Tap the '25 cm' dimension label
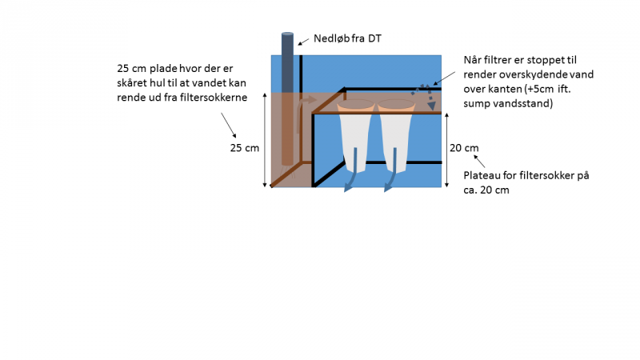(x=244, y=148)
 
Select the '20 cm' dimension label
(x=464, y=147)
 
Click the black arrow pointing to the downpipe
(x=303, y=42)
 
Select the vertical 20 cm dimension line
(x=446, y=149)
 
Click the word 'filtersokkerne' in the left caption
(x=214, y=98)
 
